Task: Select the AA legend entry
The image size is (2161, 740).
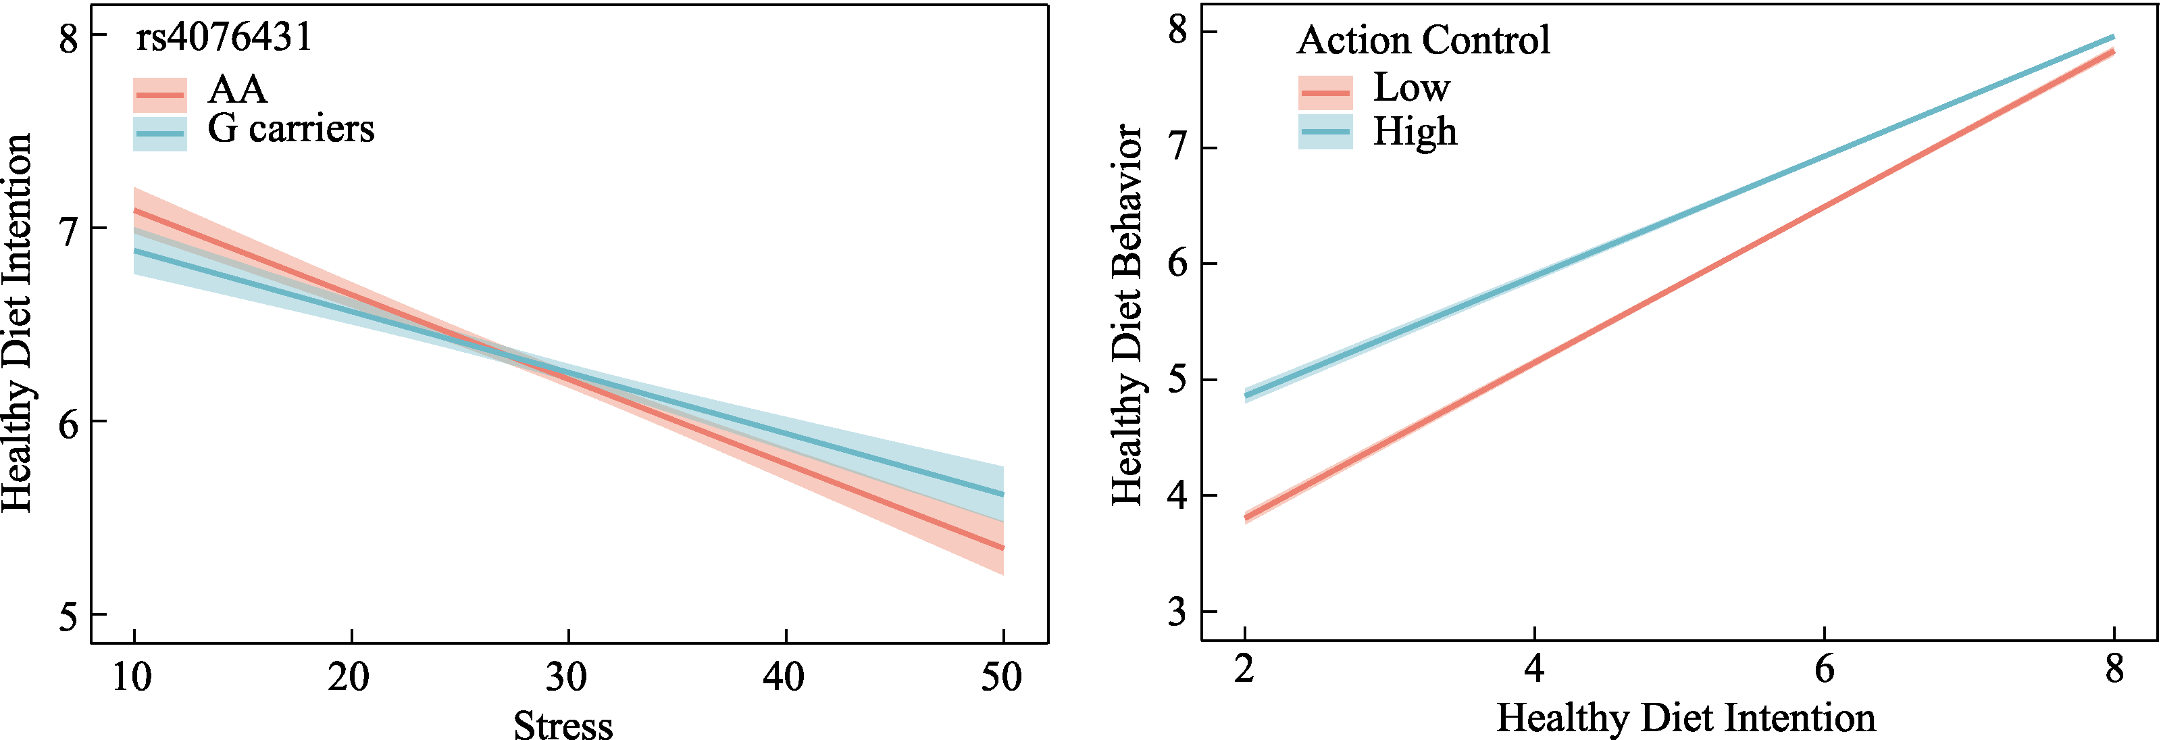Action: tap(236, 90)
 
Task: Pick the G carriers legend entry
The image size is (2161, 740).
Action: tap(290, 129)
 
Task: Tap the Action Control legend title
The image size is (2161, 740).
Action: tap(1423, 41)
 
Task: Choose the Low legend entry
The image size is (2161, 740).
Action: tap(1411, 87)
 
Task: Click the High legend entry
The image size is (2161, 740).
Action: tap(1415, 132)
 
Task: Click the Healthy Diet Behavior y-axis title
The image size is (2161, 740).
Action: tap(1127, 315)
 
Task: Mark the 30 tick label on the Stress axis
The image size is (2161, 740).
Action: tap(567, 677)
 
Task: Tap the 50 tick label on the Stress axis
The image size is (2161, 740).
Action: tap(1002, 677)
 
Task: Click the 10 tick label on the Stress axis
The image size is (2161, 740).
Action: tap(132, 677)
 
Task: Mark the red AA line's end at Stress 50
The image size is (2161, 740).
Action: tap(1003, 548)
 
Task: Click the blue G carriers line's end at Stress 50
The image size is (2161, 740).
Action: tap(1003, 494)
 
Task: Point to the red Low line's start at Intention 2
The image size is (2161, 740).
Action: tap(1245, 517)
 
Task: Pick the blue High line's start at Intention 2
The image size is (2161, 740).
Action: tap(1245, 395)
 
